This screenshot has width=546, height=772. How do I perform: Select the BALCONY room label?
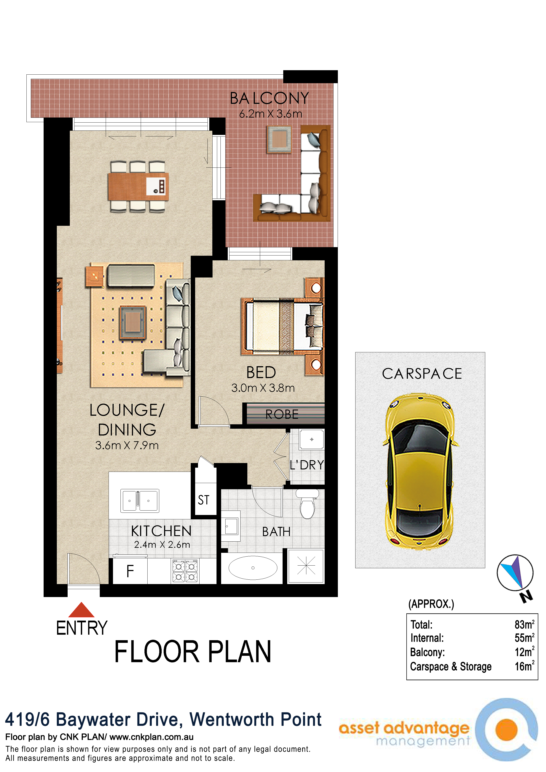point(269,99)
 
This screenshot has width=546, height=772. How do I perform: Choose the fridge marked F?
point(130,571)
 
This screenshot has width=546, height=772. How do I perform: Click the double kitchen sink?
point(140,501)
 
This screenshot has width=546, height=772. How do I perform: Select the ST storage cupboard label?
point(204,500)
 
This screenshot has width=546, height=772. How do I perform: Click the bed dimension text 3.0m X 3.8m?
point(263,388)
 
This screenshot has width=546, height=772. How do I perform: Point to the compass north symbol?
point(515,573)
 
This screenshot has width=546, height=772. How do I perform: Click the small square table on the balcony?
point(279,139)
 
